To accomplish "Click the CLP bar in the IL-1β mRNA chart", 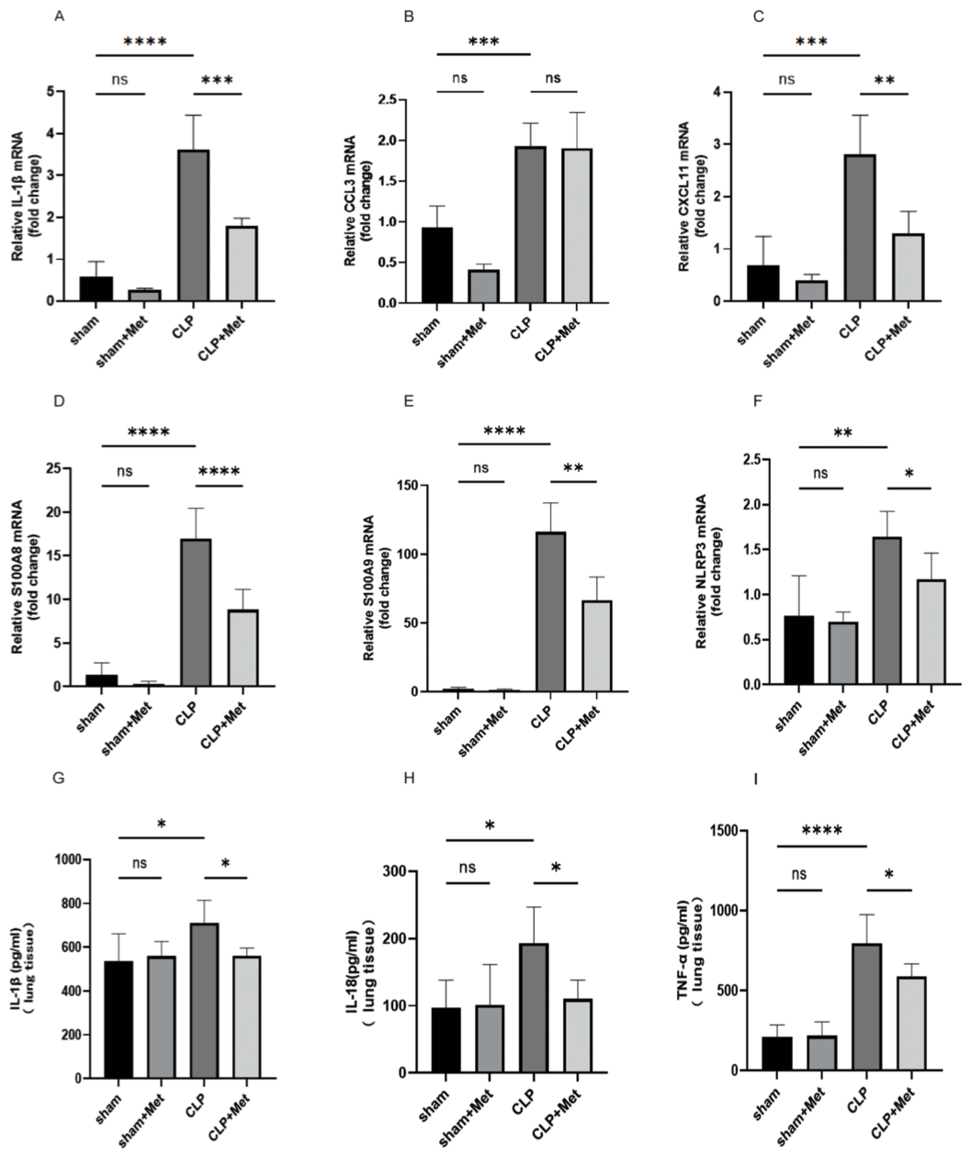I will [194, 225].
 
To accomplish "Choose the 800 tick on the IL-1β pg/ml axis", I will [69, 903].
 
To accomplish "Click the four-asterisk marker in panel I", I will [820, 831].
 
